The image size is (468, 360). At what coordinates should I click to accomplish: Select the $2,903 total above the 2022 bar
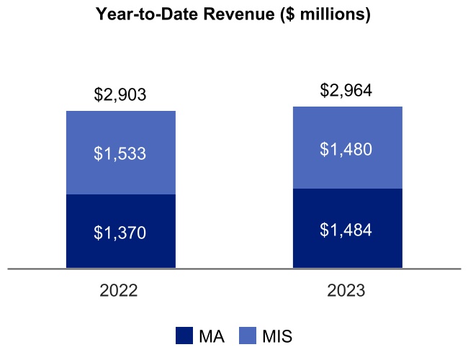pos(120,94)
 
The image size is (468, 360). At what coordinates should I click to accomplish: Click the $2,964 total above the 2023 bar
pos(347,90)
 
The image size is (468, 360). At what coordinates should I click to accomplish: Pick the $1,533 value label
pos(120,153)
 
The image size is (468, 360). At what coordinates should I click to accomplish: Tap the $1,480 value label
pos(347,149)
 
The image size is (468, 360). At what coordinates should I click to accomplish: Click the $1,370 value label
pos(120,233)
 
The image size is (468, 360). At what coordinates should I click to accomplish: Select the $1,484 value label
pos(347,230)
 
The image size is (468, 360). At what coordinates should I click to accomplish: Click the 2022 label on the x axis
pos(120,292)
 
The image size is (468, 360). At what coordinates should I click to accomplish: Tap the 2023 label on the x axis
pos(346,292)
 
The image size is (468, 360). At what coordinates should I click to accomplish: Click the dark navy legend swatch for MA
pos(184,336)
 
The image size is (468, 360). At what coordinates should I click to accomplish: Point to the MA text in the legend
pos(210,336)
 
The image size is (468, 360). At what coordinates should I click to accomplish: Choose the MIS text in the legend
pos(277,336)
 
